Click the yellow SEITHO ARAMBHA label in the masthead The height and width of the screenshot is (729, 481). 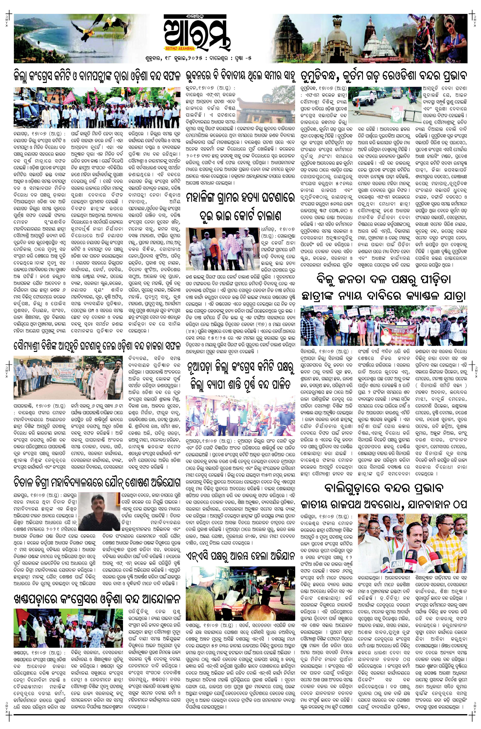[183, 48]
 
